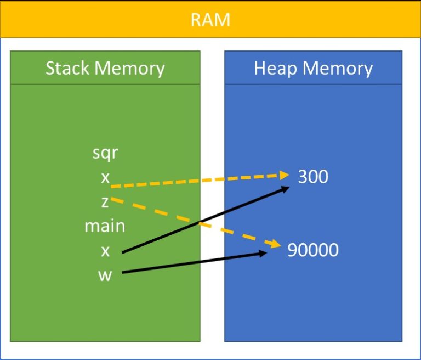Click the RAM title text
point(210,20)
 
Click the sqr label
point(105,153)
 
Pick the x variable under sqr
point(105,177)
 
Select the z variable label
point(105,202)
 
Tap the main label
point(105,226)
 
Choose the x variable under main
point(105,250)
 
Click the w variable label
point(105,274)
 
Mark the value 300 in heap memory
point(313,177)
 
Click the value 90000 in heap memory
point(313,250)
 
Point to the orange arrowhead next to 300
point(284,175)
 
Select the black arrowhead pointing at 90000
point(263,253)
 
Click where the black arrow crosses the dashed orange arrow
point(200,222)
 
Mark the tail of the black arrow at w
point(123,272)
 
